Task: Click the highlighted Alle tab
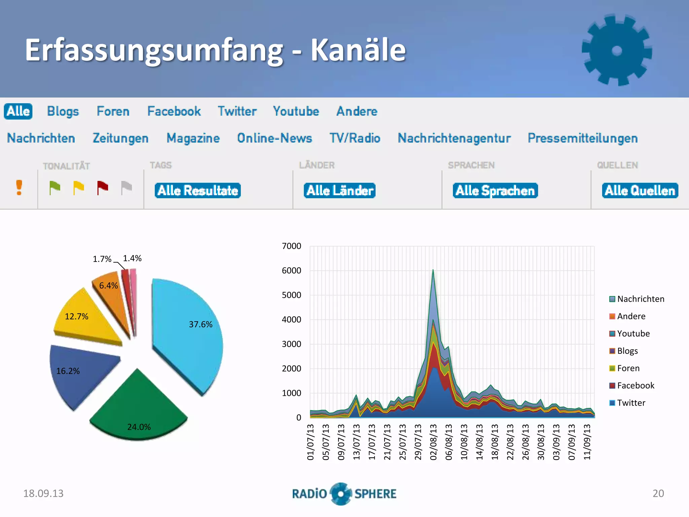click(x=18, y=111)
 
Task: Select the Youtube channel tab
click(x=296, y=111)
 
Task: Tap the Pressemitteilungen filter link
click(x=582, y=138)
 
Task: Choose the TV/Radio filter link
click(x=355, y=138)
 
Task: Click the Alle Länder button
click(x=339, y=191)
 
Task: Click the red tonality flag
click(x=102, y=187)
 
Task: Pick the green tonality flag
click(x=55, y=187)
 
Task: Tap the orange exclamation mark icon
click(x=19, y=187)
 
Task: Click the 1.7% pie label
click(x=102, y=259)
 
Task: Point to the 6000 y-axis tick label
click(x=292, y=271)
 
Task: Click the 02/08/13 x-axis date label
click(x=433, y=442)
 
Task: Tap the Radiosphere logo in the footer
click(x=344, y=494)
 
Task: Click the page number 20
click(x=658, y=493)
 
